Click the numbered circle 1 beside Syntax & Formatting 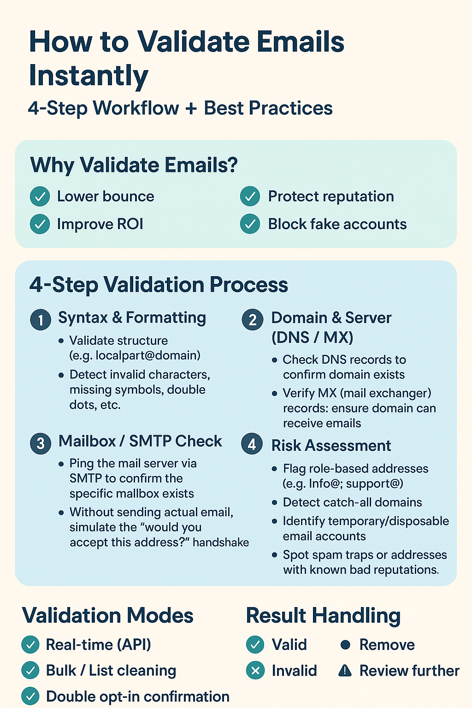(41, 319)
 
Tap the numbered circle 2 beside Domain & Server (253, 319)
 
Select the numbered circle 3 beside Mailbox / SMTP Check (41, 443)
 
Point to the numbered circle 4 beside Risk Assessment (252, 444)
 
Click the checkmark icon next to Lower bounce (40, 197)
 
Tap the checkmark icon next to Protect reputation (250, 197)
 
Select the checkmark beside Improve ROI (40, 224)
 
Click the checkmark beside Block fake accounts (250, 224)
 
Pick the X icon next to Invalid (255, 670)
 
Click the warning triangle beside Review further (345, 671)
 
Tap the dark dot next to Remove (345, 644)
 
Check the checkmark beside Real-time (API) (30, 644)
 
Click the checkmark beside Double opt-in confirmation (30, 696)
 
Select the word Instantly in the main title (88, 76)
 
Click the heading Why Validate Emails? (134, 165)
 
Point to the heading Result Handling (323, 616)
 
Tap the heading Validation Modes (108, 616)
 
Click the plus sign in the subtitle (191, 109)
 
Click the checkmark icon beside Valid (255, 644)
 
